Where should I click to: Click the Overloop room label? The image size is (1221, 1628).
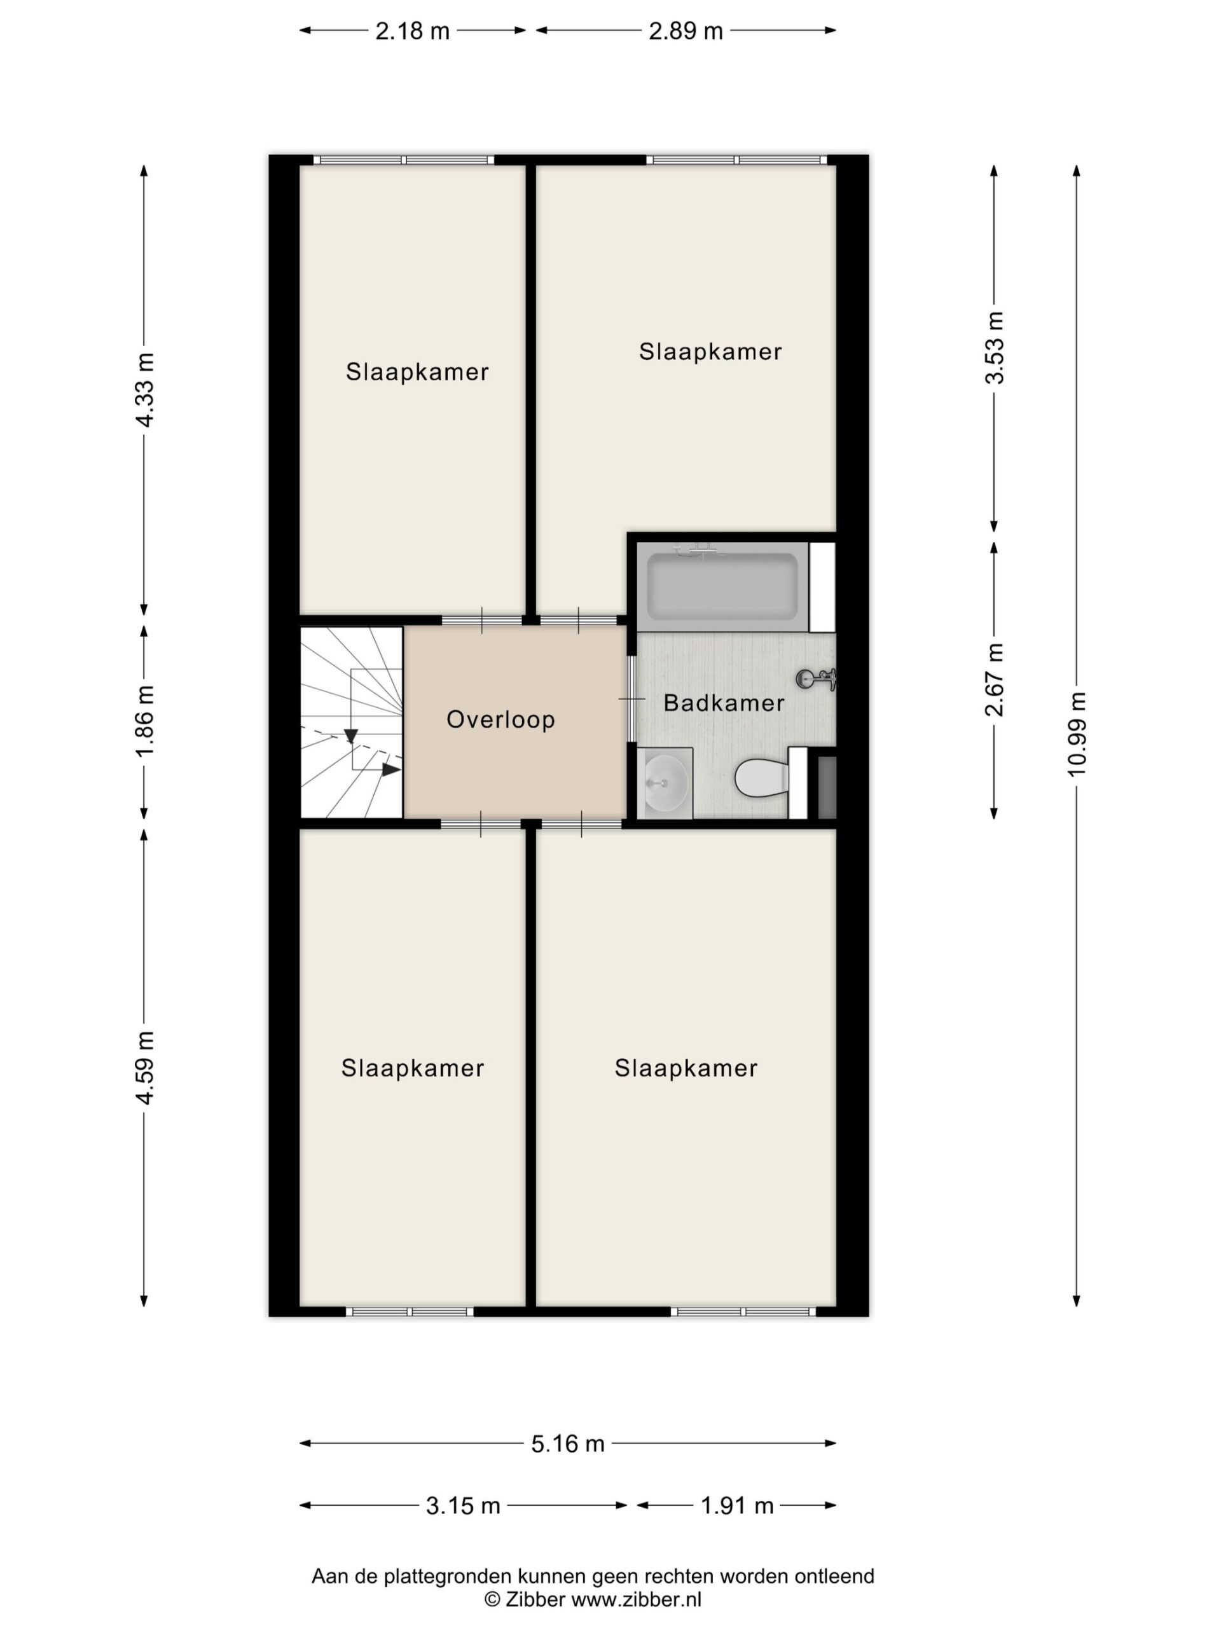pyautogui.click(x=500, y=719)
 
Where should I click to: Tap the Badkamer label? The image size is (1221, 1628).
pyautogui.click(x=724, y=703)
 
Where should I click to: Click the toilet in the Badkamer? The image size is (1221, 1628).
pyautogui.click(x=762, y=778)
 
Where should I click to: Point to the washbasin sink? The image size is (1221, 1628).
pyautogui.click(x=665, y=782)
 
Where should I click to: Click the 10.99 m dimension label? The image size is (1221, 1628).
pyautogui.click(x=1076, y=734)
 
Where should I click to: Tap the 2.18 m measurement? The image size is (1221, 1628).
pyautogui.click(x=412, y=31)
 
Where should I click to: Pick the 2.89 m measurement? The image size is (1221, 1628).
pyautogui.click(x=685, y=31)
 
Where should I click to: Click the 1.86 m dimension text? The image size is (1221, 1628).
pyautogui.click(x=144, y=721)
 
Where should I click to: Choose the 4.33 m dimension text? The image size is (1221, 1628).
pyautogui.click(x=144, y=390)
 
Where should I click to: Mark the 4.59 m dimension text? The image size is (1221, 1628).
pyautogui.click(x=144, y=1068)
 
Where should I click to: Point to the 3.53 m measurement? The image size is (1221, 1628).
pyautogui.click(x=995, y=347)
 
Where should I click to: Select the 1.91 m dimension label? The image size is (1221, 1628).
pyautogui.click(x=736, y=1505)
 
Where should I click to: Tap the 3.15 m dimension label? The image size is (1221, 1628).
pyautogui.click(x=463, y=1505)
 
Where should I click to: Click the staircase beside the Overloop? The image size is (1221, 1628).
pyautogui.click(x=352, y=722)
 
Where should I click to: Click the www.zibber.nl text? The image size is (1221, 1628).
pyautogui.click(x=636, y=1599)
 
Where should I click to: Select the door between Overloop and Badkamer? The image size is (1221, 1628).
pyautogui.click(x=631, y=698)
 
